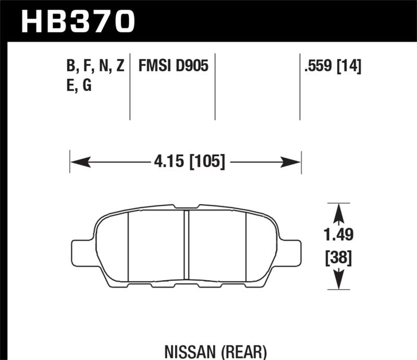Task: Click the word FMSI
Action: coord(155,66)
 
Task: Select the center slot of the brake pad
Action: coord(186,245)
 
